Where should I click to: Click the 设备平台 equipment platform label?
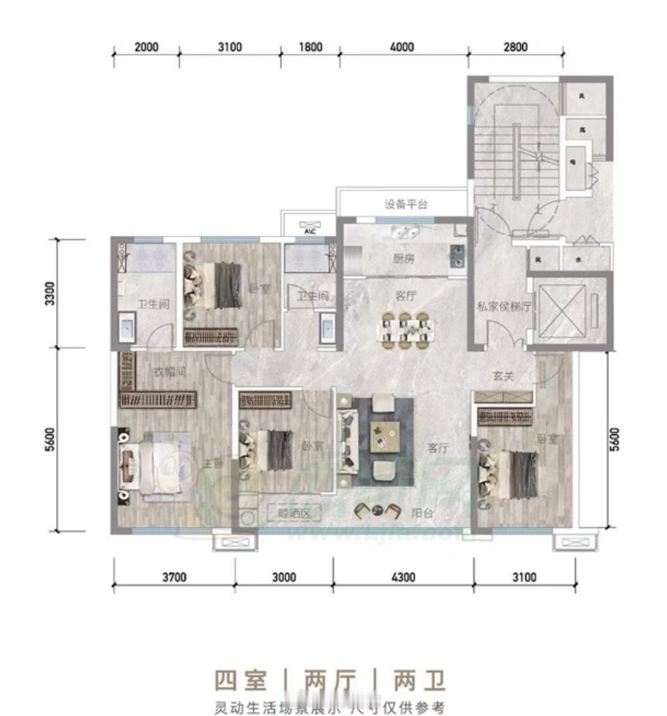click(406, 204)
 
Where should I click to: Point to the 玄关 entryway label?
click(503, 376)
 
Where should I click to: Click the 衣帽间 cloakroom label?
click(170, 371)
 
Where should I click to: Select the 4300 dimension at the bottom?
click(402, 577)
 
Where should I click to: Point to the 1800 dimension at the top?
click(310, 47)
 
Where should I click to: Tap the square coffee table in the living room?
click(385, 436)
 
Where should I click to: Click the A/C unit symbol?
click(309, 226)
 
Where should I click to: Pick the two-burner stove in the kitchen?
click(458, 255)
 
